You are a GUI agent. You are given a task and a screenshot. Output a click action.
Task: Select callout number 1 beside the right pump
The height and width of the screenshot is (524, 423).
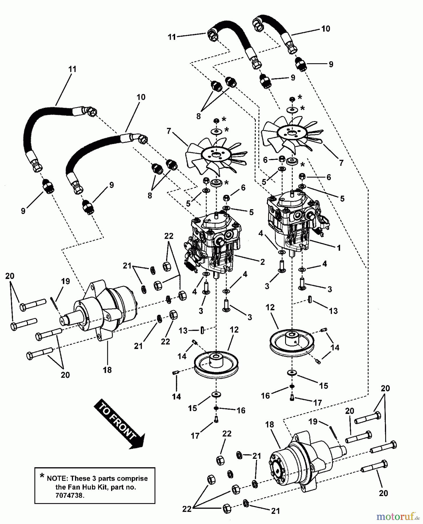pos(338,248)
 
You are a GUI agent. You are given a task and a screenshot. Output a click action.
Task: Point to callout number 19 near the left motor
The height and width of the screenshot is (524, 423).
pos(65,282)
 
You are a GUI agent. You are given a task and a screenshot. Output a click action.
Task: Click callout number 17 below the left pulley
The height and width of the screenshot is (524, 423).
pos(195,436)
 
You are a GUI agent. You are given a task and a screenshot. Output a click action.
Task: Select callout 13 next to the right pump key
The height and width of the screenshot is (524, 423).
pos(333,311)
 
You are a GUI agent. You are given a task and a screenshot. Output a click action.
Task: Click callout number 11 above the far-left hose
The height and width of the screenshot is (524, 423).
pos(72,69)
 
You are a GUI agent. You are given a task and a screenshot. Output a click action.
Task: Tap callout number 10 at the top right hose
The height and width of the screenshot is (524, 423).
pos(326,29)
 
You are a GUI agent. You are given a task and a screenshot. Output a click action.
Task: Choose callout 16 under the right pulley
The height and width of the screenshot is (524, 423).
pos(266,396)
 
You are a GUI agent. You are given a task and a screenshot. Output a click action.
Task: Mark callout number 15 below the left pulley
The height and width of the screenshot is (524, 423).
pos(193,408)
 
